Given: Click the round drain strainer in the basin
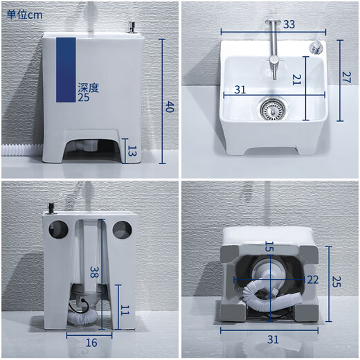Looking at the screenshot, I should point(269,107).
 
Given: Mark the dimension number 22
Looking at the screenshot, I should point(312,280).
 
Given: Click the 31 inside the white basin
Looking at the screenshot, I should point(240,89).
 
